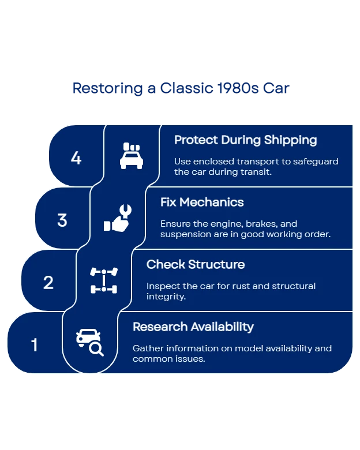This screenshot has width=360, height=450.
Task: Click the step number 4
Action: click(76, 157)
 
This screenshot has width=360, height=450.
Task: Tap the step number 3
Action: click(62, 220)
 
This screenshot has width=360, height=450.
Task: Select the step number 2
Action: click(48, 282)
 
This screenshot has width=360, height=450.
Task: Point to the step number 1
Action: click(35, 345)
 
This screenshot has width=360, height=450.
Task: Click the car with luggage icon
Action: click(132, 156)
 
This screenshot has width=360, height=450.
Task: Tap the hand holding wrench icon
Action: click(118, 218)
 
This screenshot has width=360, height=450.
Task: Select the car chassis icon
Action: click(104, 280)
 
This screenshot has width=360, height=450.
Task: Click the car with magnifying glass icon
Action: click(90, 342)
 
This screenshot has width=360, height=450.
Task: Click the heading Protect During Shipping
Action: click(246, 140)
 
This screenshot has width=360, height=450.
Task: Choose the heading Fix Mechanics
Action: click(202, 202)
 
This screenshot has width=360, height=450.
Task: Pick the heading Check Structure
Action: click(196, 265)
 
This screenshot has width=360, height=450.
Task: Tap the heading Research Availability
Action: click(193, 327)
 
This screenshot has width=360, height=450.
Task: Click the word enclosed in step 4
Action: click(212, 162)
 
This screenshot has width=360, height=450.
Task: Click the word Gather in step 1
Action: click(147, 348)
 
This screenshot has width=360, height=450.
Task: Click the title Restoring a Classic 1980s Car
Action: click(180, 88)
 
